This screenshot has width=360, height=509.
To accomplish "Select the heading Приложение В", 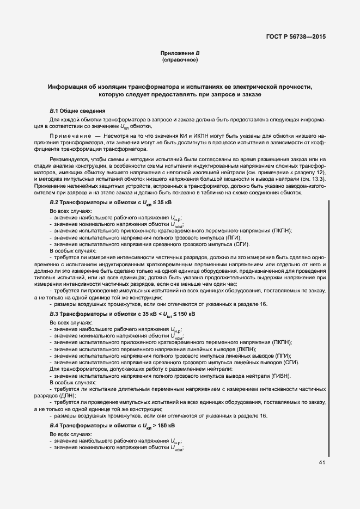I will point(180,53).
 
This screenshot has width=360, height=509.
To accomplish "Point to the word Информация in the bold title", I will point(67,87).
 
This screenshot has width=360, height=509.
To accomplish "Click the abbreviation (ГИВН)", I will point(279,376).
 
